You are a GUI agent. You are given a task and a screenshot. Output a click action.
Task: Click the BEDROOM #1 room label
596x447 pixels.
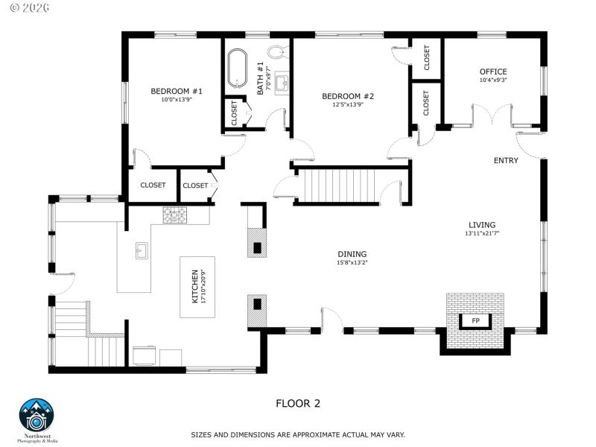(177, 91)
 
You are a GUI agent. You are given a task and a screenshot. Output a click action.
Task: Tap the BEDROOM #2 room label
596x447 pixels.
(347, 96)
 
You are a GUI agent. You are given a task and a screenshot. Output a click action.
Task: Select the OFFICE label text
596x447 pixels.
(492, 72)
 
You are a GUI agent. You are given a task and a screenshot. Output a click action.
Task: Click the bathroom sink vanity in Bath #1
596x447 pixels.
(282, 83)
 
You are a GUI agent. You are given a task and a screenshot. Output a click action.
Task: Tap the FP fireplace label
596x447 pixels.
(475, 320)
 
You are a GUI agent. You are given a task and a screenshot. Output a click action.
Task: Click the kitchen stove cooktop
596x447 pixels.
(176, 215)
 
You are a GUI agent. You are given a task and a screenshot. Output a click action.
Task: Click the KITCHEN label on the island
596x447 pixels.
(196, 286)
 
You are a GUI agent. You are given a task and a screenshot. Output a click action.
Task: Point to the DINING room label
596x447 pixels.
(352, 254)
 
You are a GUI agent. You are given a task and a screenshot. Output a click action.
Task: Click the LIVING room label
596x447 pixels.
(481, 225)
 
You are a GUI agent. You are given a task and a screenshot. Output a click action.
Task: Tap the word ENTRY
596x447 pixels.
(506, 160)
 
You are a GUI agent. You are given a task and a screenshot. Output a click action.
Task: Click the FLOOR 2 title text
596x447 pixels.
(298, 404)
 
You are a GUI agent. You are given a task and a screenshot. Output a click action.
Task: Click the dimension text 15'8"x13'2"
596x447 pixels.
(352, 262)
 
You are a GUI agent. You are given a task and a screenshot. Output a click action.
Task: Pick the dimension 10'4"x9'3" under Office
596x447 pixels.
(492, 80)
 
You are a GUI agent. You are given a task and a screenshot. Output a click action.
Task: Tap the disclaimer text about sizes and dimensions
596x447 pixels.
(298, 434)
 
